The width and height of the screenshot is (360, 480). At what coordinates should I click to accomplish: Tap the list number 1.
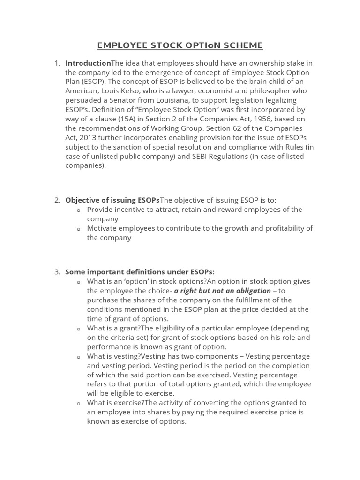coord(57,63)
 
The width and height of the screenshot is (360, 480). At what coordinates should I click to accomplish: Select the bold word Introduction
coord(88,63)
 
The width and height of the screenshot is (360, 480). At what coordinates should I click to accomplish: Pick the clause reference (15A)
coord(120,119)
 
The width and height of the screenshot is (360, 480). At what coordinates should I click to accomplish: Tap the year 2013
coord(88,137)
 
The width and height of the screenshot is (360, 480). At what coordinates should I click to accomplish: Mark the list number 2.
coord(57,200)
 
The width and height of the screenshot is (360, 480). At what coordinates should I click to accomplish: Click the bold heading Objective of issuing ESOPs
coord(112,200)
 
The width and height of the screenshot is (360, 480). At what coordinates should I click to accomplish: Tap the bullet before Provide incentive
coord(79,210)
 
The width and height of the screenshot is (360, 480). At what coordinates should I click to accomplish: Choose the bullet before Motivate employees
coord(79,229)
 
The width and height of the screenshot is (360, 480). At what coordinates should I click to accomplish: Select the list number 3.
coord(57,272)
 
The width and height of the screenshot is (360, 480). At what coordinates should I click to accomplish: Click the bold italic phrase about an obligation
coord(223,291)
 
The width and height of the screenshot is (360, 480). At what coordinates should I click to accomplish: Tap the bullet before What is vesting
coord(79,357)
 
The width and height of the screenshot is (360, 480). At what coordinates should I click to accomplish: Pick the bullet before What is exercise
coord(79,403)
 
